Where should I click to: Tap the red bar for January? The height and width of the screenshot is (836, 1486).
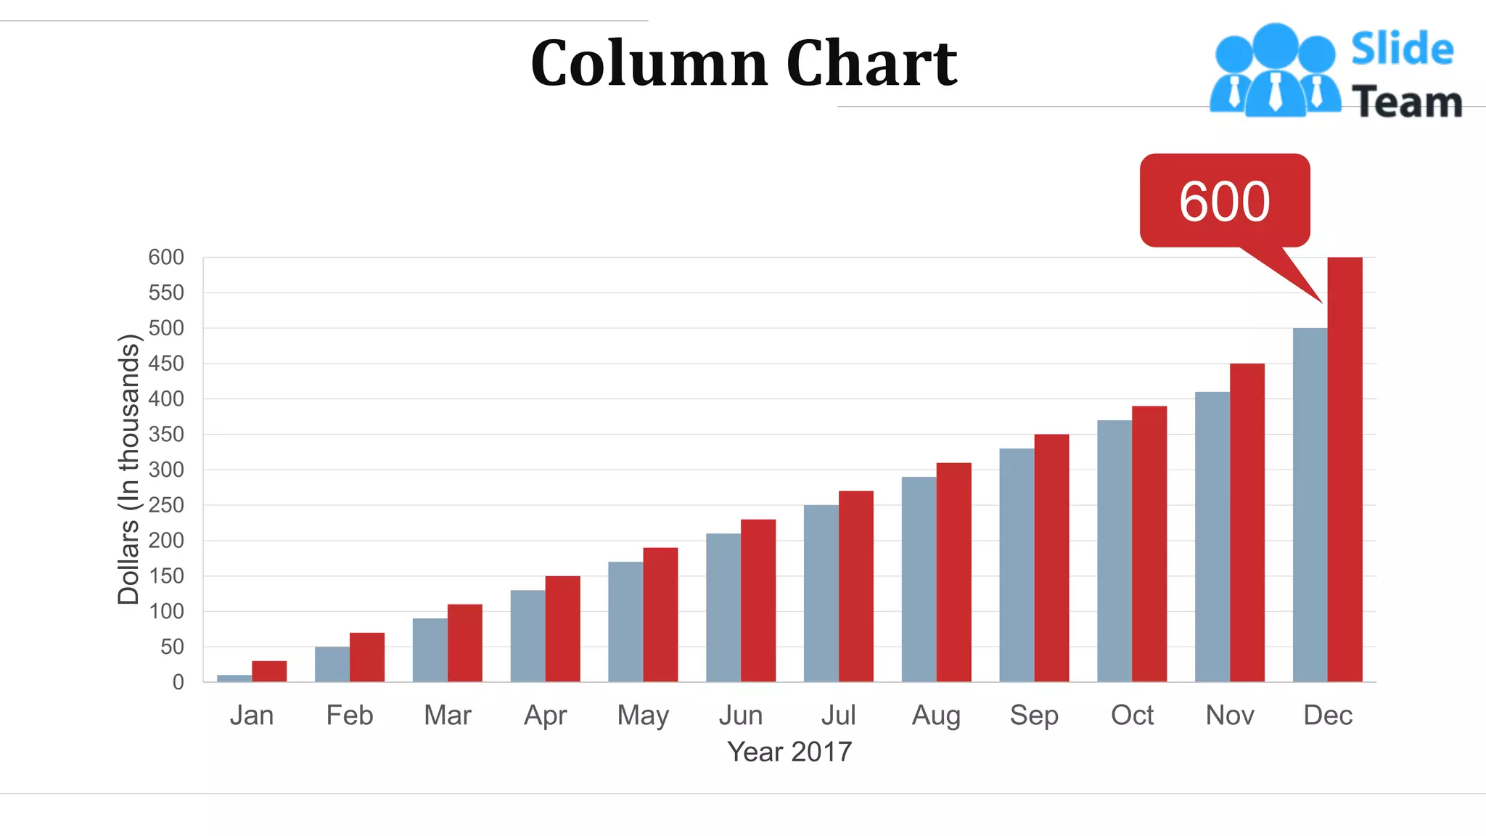269,671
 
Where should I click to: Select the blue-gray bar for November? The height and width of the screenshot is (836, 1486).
1212,537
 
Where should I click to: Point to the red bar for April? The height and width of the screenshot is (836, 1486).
562,628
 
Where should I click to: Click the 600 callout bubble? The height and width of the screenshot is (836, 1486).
1225,201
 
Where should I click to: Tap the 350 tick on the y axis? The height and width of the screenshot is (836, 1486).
166,434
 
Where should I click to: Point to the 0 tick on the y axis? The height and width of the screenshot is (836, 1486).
178,682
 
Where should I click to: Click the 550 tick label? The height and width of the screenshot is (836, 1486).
166,292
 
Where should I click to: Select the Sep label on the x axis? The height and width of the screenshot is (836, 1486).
1034,716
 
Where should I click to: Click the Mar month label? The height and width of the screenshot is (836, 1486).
448,716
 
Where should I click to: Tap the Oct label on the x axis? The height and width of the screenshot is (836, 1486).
1132,716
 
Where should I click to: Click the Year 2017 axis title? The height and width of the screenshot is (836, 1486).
789,752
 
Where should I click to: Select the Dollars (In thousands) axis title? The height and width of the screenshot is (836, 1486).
128,470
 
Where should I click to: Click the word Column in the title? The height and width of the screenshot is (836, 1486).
649,64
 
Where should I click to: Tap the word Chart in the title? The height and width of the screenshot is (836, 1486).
871,64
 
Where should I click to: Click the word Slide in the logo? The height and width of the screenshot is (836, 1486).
1402,49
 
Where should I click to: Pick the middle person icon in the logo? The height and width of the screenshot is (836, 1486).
1275,73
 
